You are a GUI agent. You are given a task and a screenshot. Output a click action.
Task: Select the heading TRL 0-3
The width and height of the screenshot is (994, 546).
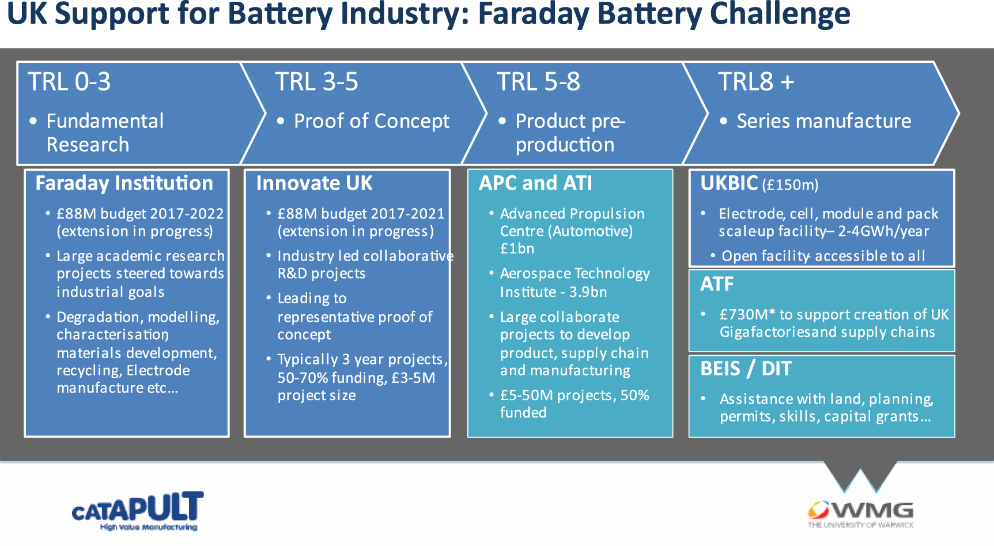click(69, 82)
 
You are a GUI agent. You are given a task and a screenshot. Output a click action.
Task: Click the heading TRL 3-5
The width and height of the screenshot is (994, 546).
click(316, 82)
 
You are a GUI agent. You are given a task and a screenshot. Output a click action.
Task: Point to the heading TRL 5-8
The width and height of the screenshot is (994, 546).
click(538, 82)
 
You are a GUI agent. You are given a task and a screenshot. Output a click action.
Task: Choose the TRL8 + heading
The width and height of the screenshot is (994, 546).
click(755, 82)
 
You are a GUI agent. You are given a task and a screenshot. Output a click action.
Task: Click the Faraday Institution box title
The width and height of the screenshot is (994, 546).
click(124, 183)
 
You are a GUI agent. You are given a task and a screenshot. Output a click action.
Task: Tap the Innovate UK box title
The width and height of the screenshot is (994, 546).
click(314, 183)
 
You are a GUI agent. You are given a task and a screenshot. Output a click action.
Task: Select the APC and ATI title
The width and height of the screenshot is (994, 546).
click(535, 183)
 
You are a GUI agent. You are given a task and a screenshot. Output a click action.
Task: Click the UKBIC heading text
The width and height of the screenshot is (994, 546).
click(729, 183)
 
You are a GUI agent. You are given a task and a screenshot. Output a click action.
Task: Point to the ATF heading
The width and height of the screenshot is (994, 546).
click(717, 284)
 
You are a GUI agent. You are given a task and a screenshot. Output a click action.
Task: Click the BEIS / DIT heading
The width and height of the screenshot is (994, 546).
click(746, 369)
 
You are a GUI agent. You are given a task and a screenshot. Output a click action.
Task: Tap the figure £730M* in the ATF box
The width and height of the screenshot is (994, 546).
click(747, 315)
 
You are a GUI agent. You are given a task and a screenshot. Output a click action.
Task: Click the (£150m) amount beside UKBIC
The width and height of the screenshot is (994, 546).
click(790, 185)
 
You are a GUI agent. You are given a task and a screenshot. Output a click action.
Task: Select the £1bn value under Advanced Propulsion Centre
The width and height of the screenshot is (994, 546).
click(517, 249)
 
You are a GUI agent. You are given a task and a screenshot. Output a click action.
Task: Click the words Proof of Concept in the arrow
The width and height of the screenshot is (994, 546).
click(371, 121)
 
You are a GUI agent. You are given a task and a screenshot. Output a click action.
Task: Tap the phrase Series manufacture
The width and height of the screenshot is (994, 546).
click(823, 121)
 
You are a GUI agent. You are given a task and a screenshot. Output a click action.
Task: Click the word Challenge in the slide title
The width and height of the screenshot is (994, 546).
click(780, 14)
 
